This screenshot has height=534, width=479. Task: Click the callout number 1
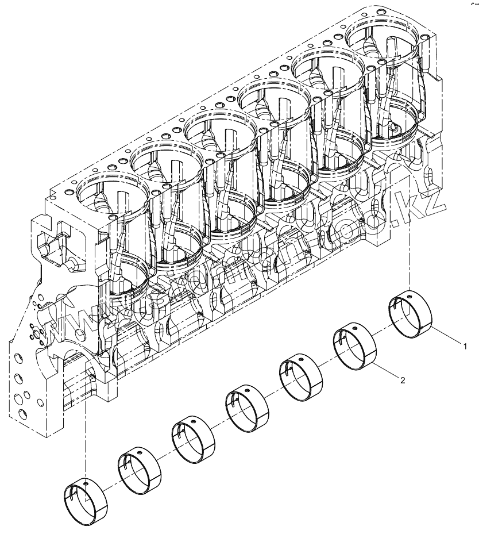click(466, 346)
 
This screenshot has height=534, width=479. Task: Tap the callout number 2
click(403, 380)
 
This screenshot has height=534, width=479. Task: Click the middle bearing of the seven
click(247, 410)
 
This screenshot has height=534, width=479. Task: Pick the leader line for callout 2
click(387, 372)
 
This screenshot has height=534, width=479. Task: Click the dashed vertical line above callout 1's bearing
click(409, 241)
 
